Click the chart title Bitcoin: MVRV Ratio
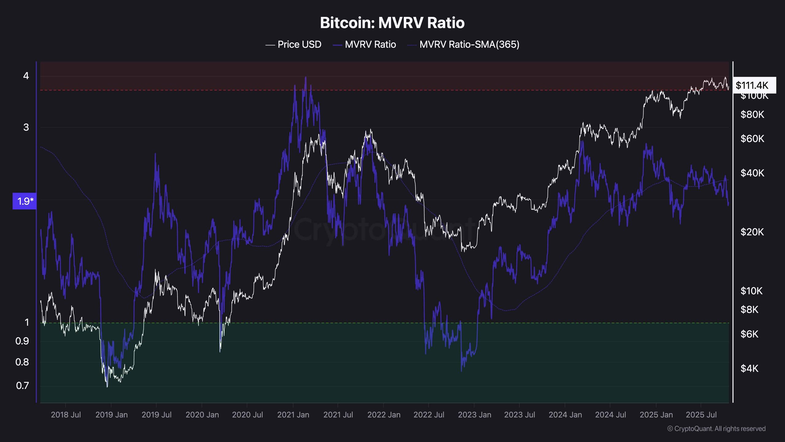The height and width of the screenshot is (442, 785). (392, 23)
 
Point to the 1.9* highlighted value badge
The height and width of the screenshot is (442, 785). (25, 201)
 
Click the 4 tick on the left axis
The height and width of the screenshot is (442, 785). (26, 76)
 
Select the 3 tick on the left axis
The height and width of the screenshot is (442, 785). (26, 127)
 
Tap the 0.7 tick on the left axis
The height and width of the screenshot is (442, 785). (22, 386)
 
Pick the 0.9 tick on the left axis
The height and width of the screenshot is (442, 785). (22, 341)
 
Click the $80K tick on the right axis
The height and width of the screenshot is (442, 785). (752, 114)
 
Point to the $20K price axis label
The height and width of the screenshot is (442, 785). (752, 232)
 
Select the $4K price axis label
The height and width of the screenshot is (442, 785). (749, 368)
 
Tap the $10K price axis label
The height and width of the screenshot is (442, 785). (752, 291)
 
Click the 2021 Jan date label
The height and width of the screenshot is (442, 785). (293, 415)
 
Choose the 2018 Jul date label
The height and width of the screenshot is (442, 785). (66, 415)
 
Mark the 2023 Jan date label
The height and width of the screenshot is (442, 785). (474, 415)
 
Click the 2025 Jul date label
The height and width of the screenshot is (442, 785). (701, 415)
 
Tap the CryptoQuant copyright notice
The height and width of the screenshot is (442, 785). (716, 429)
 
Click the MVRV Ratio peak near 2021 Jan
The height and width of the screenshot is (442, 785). (305, 77)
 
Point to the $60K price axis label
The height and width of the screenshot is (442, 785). (752, 139)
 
